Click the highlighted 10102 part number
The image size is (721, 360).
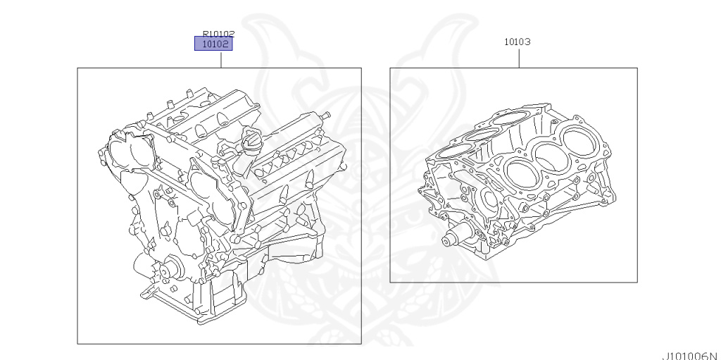213,44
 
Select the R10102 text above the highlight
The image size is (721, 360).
218,32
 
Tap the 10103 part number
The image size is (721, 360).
517,42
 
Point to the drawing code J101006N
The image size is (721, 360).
690,354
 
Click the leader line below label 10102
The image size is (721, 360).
221,60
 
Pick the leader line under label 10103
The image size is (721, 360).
520,57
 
